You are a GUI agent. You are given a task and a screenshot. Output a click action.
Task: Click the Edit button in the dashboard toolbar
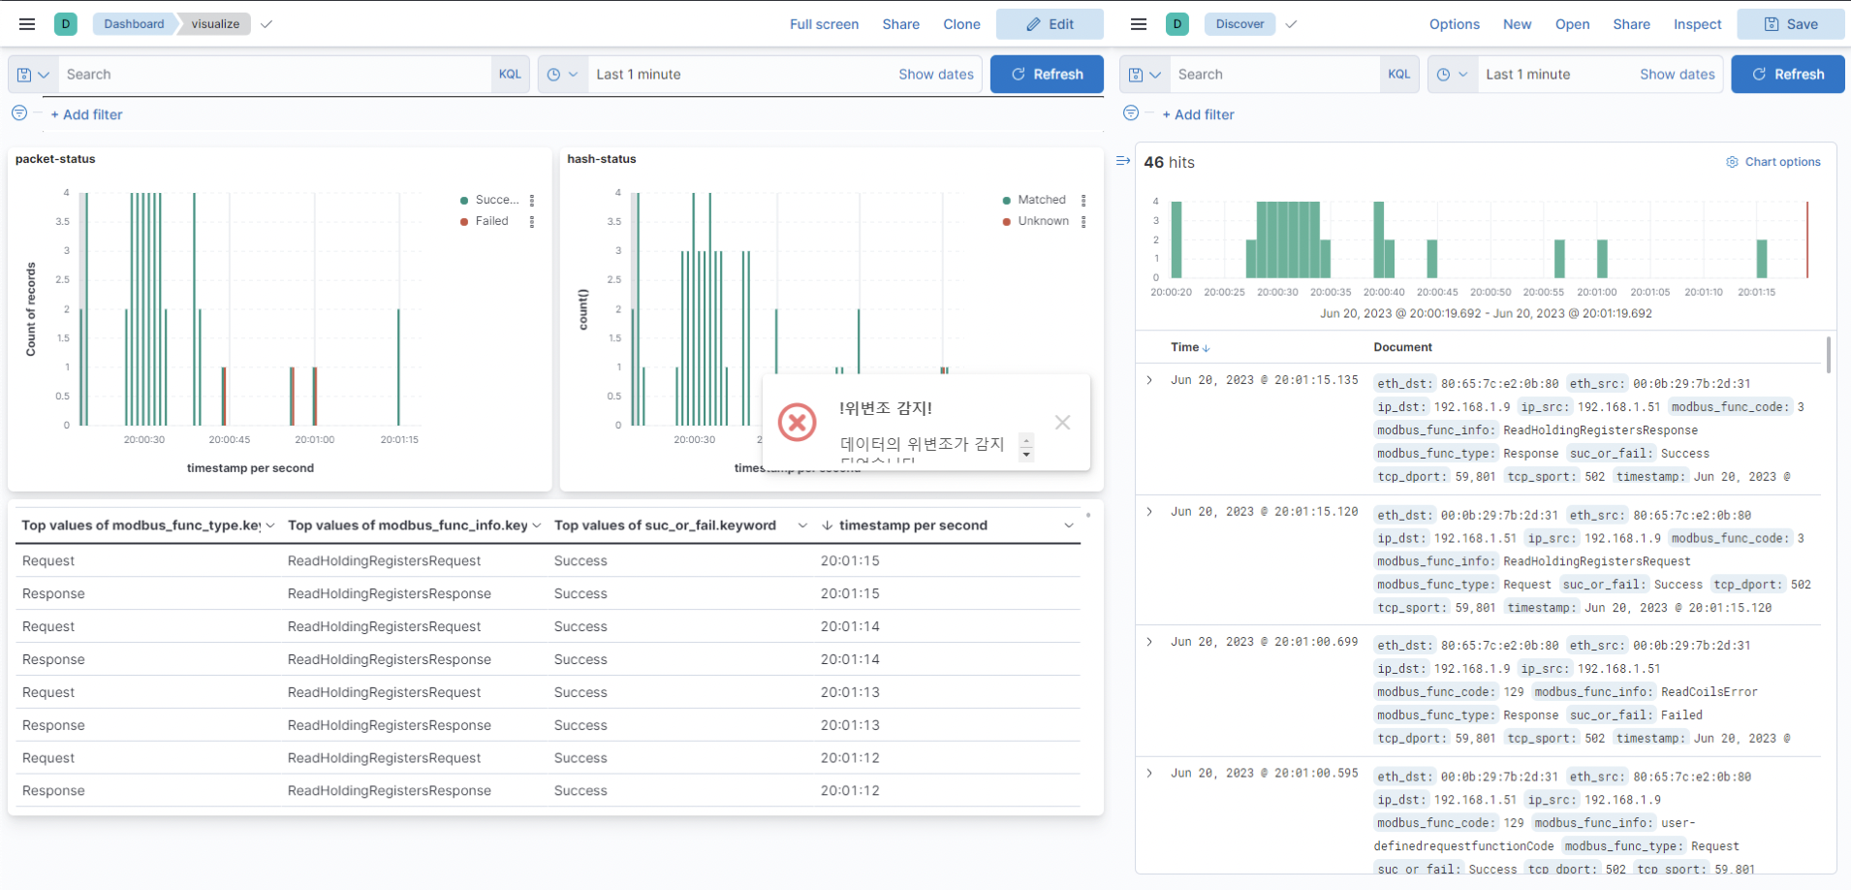(1050, 24)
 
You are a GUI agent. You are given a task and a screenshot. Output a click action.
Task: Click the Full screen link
(824, 24)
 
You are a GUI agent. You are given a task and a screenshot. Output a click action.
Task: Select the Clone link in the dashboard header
(961, 24)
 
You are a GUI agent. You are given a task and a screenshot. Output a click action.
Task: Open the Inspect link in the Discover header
(1697, 24)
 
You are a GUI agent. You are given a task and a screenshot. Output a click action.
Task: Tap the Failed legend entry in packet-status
(491, 221)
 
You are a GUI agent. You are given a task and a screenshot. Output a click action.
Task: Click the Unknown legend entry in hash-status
(1043, 221)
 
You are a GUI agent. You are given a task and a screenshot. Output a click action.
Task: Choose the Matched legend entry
(1041, 200)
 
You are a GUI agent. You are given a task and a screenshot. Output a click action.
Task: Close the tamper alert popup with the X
(1062, 423)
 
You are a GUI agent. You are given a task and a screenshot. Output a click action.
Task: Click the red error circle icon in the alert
(798, 423)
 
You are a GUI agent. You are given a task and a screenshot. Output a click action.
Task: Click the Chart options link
(1782, 162)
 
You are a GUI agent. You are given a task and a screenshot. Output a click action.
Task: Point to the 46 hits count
(1169, 162)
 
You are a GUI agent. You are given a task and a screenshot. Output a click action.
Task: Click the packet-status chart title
(55, 159)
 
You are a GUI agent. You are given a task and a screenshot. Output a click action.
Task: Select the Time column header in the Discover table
(1184, 347)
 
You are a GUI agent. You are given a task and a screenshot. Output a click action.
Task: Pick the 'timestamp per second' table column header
(913, 525)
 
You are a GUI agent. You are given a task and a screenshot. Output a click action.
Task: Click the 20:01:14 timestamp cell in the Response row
(850, 659)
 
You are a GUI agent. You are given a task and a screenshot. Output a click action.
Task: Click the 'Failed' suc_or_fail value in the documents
(1681, 715)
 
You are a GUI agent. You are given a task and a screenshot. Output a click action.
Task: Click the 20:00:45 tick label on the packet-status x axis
(230, 440)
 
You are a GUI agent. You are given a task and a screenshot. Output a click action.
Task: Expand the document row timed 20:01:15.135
(1149, 380)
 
